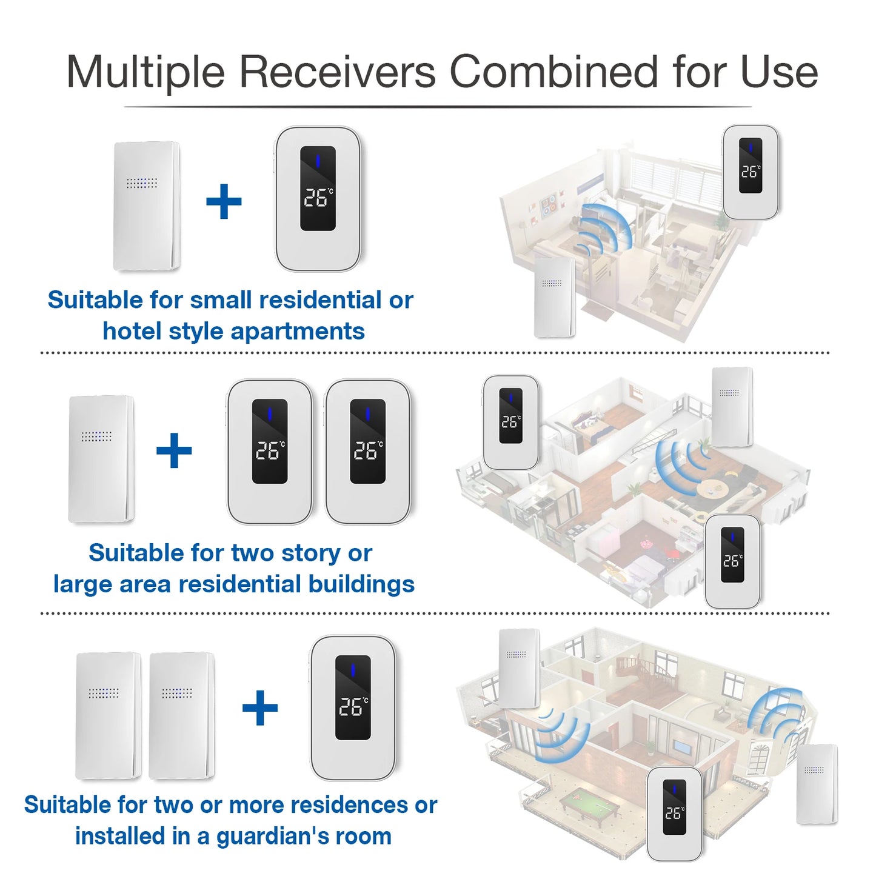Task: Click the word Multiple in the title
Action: [145, 72]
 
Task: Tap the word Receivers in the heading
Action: [337, 72]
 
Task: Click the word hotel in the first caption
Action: [132, 332]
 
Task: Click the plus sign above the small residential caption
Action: [224, 201]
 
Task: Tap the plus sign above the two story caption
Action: [174, 450]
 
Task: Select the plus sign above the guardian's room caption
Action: [260, 707]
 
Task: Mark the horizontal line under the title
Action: [438, 107]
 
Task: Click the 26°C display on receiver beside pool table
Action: [674, 813]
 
